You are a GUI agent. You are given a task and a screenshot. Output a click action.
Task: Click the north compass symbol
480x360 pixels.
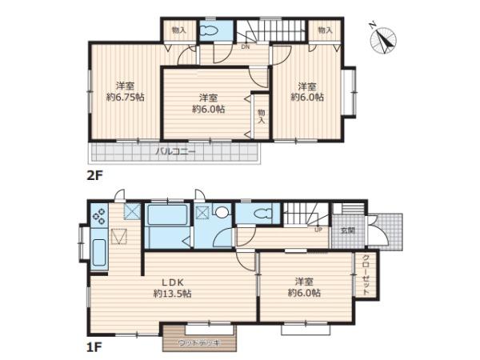pos(383,40)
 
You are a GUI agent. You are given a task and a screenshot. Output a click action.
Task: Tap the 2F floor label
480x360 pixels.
pos(94,175)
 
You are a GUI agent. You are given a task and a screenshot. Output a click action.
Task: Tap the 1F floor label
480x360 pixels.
pos(94,347)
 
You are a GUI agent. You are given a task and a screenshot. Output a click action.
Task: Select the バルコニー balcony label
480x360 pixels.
pos(175,151)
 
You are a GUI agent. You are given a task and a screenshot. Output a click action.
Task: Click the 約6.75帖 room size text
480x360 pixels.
pos(126,98)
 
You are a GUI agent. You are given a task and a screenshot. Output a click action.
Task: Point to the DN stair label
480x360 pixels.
pos(246,47)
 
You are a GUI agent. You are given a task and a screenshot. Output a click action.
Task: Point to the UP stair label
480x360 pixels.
pos(318,230)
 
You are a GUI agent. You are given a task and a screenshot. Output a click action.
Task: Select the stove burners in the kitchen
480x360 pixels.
pos(99,215)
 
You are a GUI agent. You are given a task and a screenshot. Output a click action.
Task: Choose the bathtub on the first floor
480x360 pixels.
pos(167,215)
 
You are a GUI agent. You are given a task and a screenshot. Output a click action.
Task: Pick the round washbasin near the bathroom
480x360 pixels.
pos(222,211)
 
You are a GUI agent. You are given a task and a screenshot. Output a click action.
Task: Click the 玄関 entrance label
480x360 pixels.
pos(348,230)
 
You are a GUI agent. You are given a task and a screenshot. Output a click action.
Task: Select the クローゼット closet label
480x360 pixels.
pos(366,275)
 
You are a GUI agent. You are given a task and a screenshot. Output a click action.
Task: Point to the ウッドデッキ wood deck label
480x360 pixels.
pos(199,343)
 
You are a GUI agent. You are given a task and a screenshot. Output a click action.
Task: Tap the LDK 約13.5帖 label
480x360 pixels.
pos(173,288)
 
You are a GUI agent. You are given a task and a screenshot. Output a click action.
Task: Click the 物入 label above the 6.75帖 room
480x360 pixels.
pos(179,30)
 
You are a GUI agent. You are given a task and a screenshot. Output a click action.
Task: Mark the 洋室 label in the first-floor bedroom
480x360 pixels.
pos(304,281)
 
